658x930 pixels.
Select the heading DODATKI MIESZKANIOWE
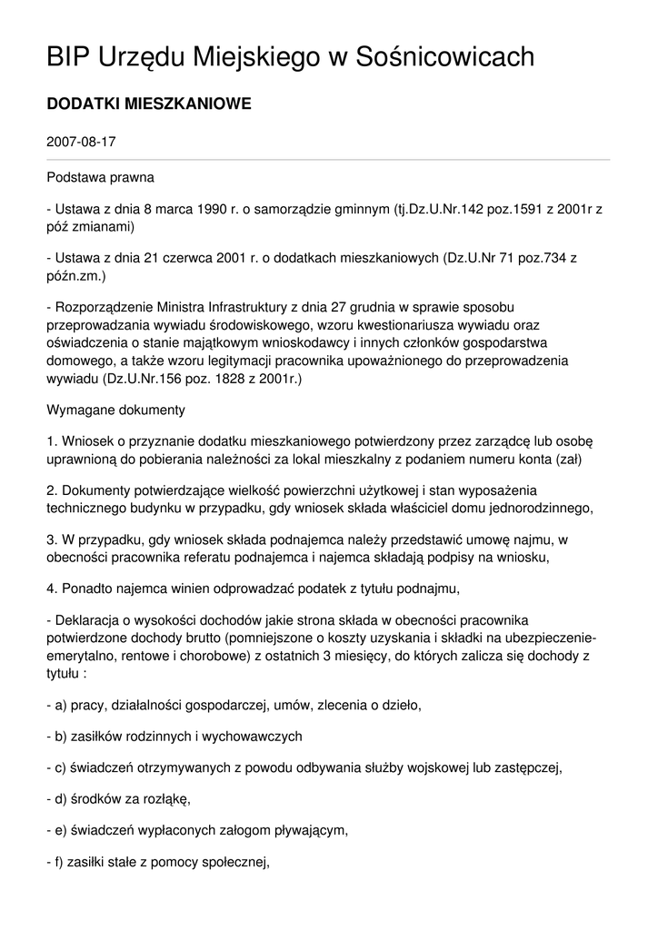tap(148, 105)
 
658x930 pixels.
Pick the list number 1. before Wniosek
tap(52, 441)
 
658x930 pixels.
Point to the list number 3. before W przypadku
tap(52, 540)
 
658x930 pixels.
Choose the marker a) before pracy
tap(62, 704)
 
